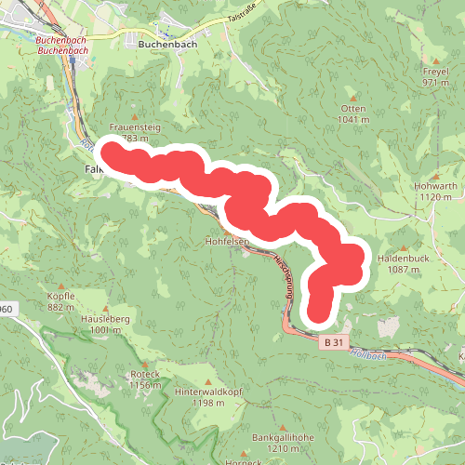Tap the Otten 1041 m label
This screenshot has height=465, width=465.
click(354, 113)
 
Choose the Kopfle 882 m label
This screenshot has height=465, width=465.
click(60, 301)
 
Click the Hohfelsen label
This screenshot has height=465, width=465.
click(225, 241)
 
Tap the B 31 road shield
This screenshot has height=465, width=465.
click(336, 343)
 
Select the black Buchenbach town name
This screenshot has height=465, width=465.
click(165, 43)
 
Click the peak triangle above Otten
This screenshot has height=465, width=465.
click(354, 97)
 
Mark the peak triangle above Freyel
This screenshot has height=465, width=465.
click(435, 60)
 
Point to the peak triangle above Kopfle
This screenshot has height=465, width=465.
click(60, 285)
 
